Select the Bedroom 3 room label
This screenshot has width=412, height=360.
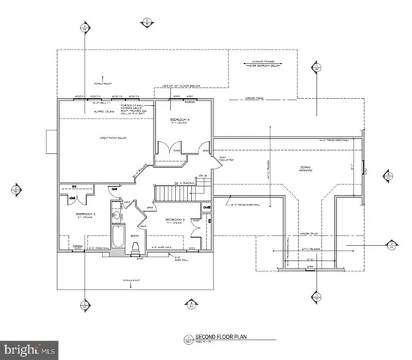tap(175, 220)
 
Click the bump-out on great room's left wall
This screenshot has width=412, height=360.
tap(50, 139)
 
